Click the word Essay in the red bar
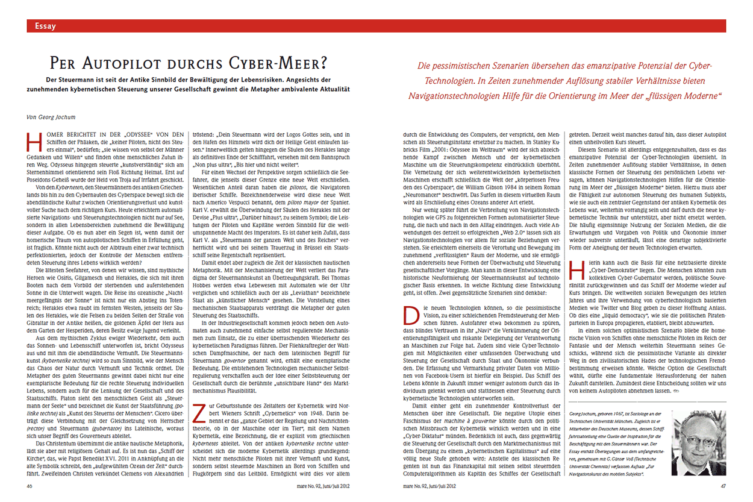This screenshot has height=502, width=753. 46,26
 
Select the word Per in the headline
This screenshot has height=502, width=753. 65,63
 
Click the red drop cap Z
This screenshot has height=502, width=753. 198,413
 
